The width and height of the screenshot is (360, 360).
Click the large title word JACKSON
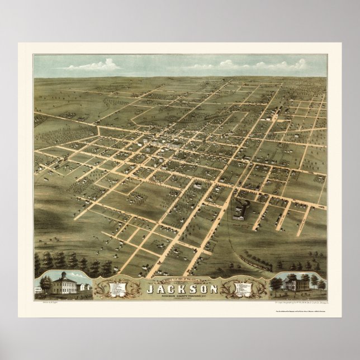[179, 290]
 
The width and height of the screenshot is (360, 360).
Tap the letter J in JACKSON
[149, 290]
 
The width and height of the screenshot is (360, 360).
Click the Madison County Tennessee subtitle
[179, 297]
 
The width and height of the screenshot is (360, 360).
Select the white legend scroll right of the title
[241, 290]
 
